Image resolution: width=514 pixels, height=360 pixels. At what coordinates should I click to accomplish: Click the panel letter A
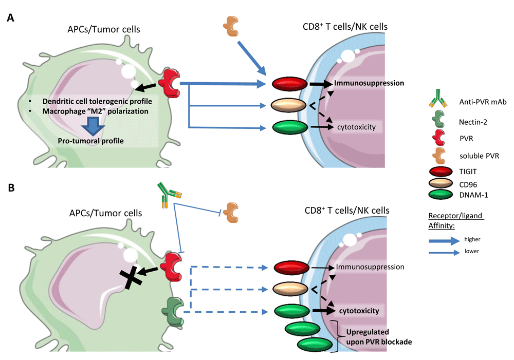(10, 18)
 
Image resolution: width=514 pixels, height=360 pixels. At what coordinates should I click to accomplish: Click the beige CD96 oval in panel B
(291, 289)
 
